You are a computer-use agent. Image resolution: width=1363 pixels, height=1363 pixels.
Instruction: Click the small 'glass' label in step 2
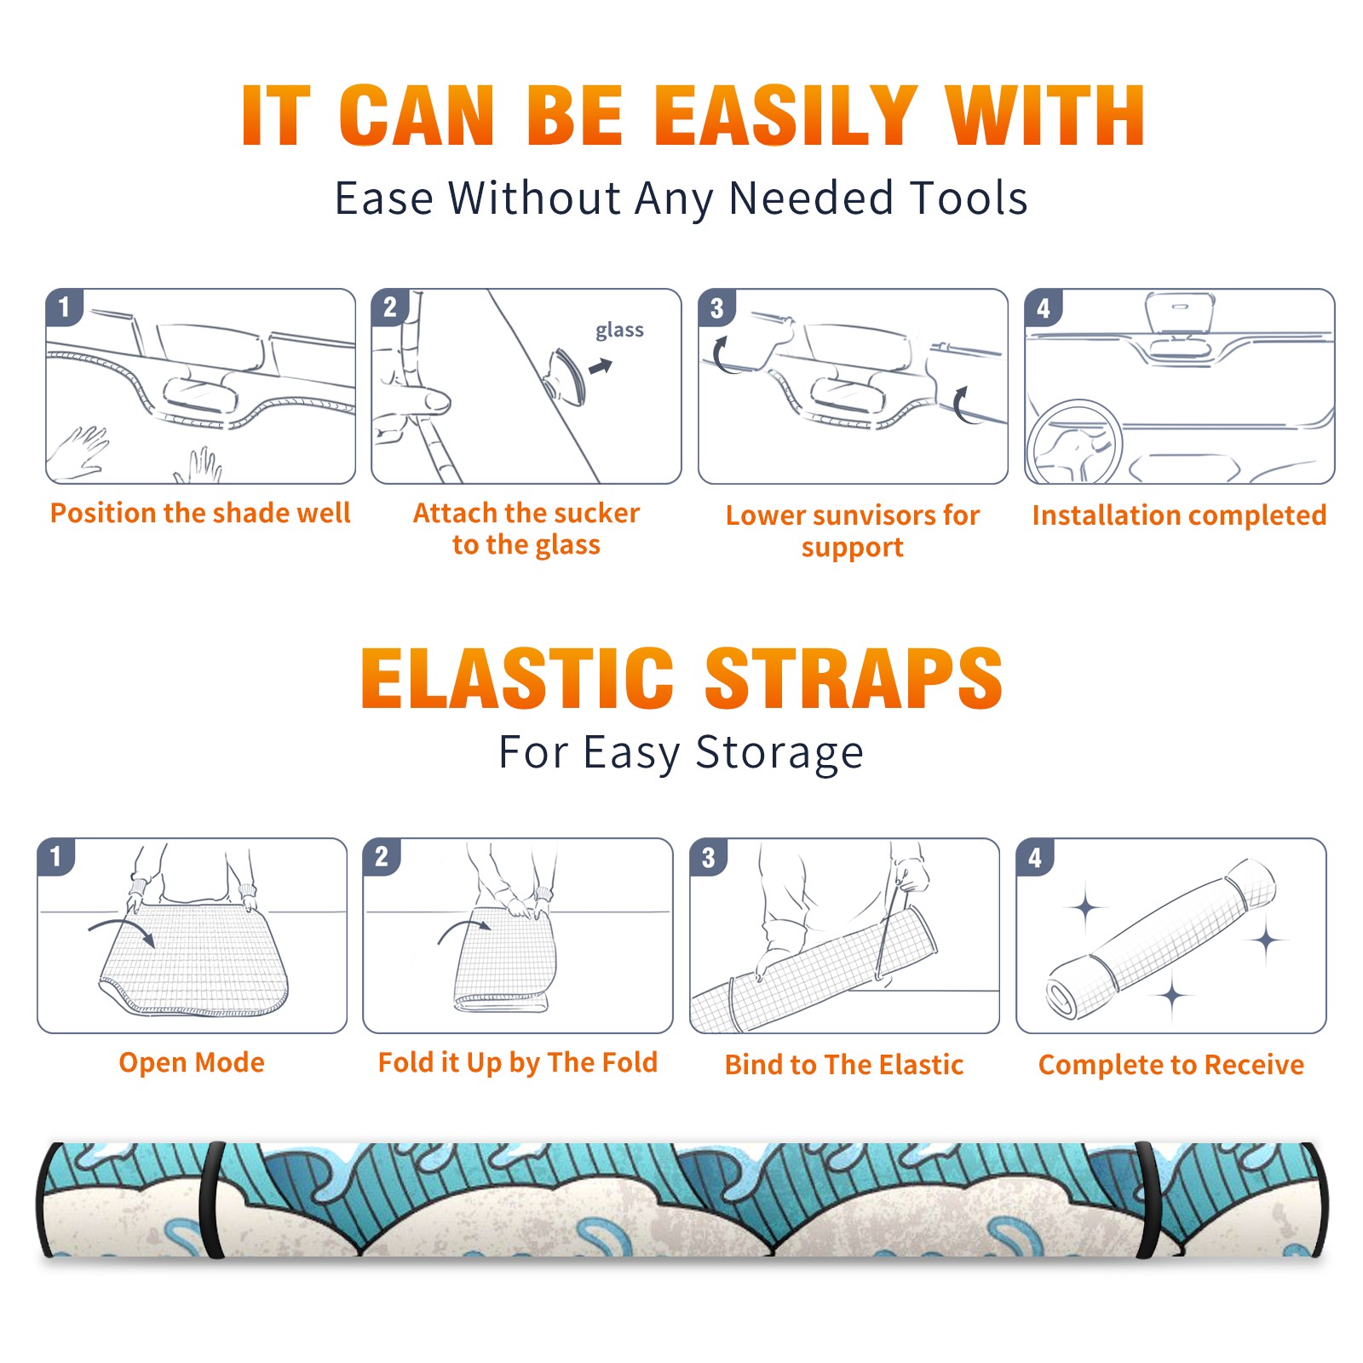point(619,331)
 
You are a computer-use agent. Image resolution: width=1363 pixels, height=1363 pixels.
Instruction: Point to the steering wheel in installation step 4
point(1073,443)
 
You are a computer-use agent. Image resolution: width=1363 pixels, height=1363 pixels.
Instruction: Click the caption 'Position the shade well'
point(200,513)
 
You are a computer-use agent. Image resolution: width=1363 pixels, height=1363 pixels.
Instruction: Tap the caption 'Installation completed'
point(1179,515)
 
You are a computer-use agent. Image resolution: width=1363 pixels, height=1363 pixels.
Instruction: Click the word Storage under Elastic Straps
point(779,753)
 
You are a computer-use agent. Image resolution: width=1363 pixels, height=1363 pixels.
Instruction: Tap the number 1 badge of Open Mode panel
point(56,856)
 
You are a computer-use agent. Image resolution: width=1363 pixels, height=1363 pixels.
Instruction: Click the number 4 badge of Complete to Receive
point(1035,856)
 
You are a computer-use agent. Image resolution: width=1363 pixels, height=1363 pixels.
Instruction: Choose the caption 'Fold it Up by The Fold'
point(518,1062)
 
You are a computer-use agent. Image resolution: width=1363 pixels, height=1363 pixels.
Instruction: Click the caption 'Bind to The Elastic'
point(844,1064)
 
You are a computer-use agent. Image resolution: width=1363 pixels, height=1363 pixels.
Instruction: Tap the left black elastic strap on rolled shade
point(210,1199)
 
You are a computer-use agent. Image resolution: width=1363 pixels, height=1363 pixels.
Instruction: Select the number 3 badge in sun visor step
point(717,308)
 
